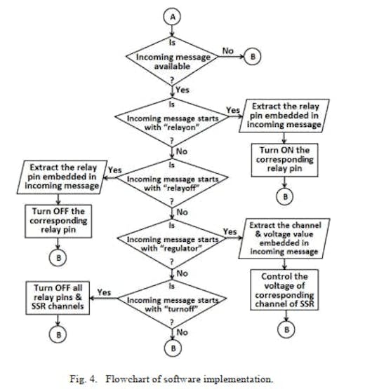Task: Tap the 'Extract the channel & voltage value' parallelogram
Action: (x=284, y=238)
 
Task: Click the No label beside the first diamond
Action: (x=228, y=51)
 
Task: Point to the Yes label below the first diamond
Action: (x=182, y=90)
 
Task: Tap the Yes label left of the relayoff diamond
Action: (x=115, y=170)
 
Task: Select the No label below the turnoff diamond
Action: (x=182, y=332)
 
